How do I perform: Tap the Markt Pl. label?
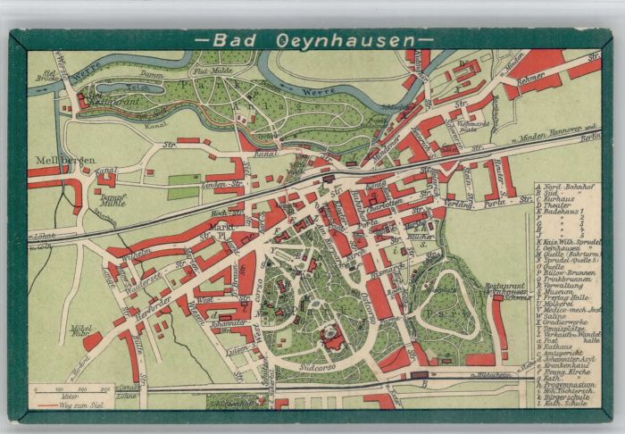[x=223, y=234]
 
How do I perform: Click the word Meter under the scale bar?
[x=69, y=397]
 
